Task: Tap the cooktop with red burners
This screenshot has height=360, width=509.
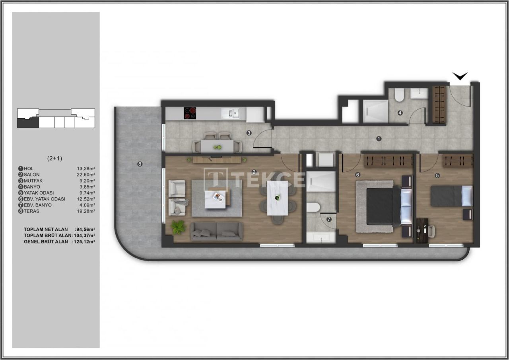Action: tap(190, 113)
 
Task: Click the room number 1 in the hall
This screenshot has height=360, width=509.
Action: tap(379, 139)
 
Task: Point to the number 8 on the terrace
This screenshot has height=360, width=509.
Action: tap(140, 164)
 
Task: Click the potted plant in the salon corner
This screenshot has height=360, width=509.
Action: tap(178, 227)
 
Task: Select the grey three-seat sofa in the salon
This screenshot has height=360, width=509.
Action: tap(216, 231)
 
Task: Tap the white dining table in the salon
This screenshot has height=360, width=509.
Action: tap(278, 198)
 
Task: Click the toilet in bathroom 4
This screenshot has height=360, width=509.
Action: tap(399, 94)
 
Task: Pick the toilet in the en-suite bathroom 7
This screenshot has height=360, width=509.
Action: tap(314, 207)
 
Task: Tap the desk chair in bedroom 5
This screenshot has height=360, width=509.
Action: tap(431, 231)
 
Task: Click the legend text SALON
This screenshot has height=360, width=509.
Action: tap(32, 175)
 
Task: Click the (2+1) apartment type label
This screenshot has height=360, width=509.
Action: tap(54, 158)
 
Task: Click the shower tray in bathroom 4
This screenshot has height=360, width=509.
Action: tap(375, 111)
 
